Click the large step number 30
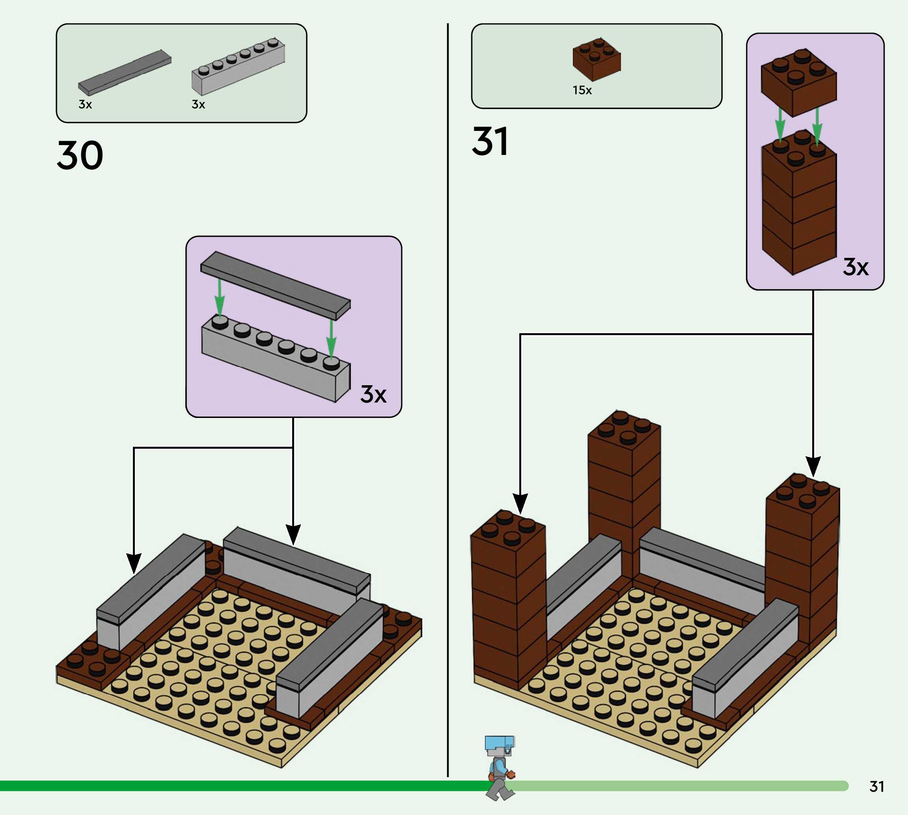click(80, 155)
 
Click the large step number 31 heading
click(490, 141)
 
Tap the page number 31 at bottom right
click(877, 786)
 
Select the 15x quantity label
click(582, 90)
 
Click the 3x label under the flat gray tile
click(85, 104)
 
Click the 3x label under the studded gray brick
click(198, 104)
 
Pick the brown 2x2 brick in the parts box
click(597, 59)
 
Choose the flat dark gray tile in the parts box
click(125, 73)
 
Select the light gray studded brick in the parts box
click(238, 66)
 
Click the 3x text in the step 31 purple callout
click(856, 267)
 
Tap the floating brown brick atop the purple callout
click(799, 82)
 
